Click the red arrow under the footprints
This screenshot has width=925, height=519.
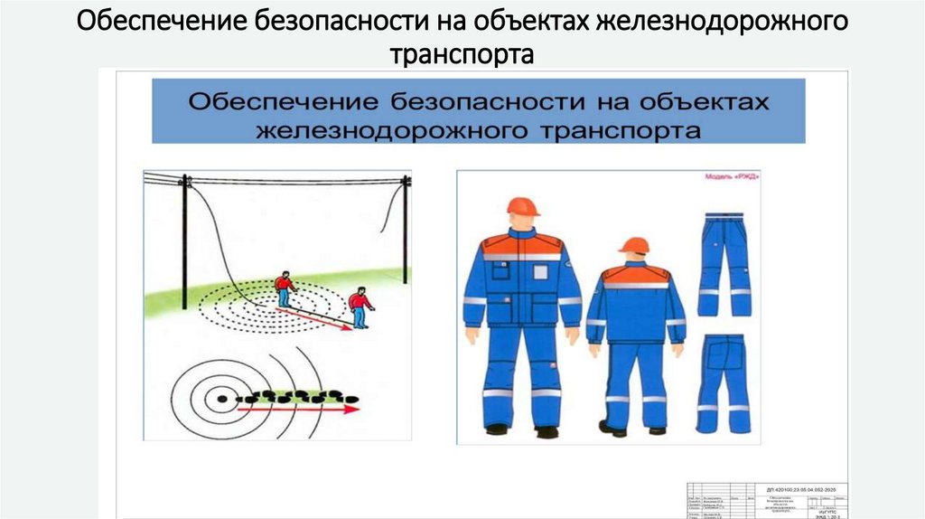298,410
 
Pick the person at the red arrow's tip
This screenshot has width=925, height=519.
360,307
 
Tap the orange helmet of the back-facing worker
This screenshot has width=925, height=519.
634,245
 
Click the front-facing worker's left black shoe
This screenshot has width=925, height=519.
497,429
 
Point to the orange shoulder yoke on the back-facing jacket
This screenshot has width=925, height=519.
636,274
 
